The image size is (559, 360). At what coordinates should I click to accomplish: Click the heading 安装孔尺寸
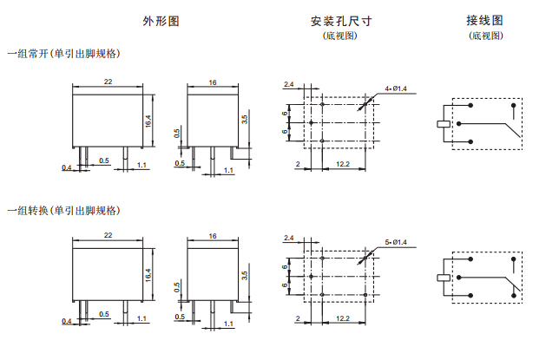[340, 20]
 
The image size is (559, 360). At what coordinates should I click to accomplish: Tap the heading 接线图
[483, 20]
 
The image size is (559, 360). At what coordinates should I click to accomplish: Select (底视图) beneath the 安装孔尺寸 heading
[340, 36]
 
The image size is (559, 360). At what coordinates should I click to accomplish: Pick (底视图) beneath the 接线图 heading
[484, 36]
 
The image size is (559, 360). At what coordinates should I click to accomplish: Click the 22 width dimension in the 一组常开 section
[108, 81]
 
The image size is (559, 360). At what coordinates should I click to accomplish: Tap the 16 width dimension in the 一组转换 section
[213, 235]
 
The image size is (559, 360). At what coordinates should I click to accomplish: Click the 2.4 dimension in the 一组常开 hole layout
[289, 83]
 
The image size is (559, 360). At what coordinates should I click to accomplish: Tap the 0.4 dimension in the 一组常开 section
[66, 167]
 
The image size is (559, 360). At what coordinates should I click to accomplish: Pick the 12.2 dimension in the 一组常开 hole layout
[342, 164]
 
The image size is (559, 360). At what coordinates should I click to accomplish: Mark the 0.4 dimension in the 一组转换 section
[66, 321]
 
